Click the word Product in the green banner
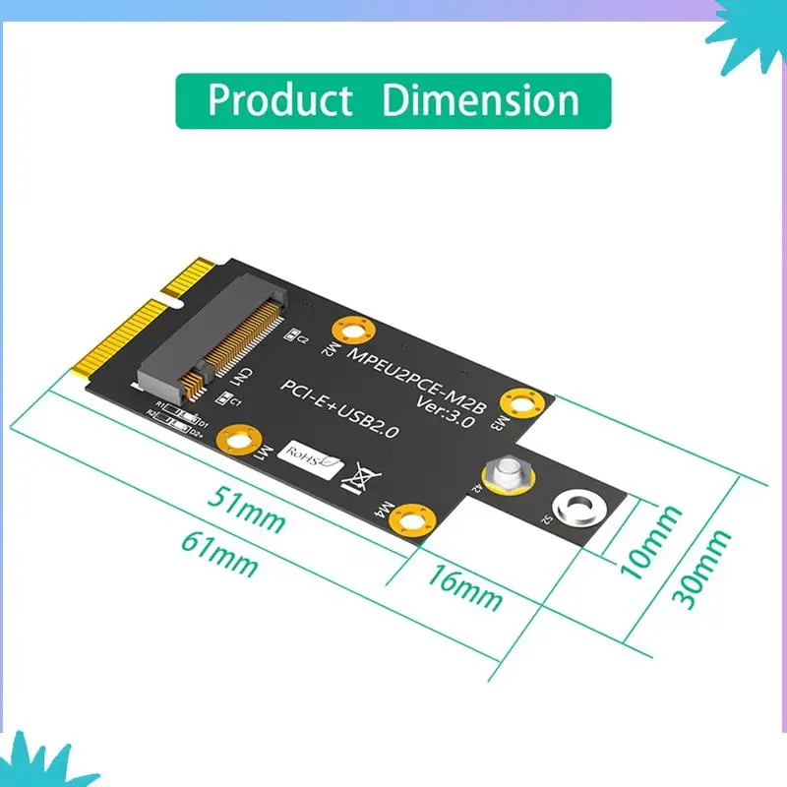coord(280,100)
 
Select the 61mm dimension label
coord(220,556)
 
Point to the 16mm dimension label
coord(464,587)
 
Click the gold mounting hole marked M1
coord(239,439)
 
